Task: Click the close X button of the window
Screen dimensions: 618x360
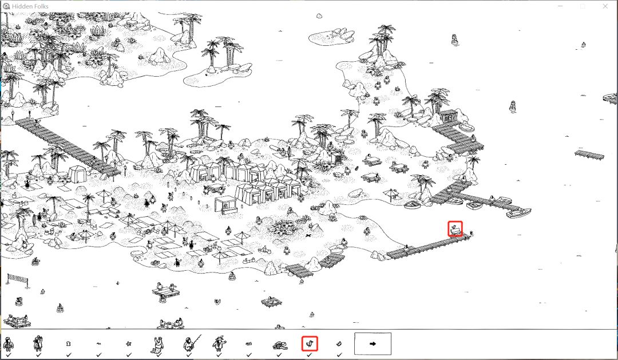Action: (x=605, y=6)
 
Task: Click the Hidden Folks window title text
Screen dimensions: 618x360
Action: (x=30, y=6)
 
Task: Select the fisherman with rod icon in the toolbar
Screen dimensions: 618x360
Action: (x=191, y=344)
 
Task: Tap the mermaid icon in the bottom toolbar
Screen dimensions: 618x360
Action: (x=159, y=344)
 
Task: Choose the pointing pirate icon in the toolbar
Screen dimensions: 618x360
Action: (x=219, y=344)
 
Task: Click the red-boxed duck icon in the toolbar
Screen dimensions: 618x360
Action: (x=310, y=344)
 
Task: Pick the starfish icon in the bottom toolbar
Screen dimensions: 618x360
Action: (x=129, y=344)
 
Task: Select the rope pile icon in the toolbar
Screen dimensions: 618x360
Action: (x=280, y=346)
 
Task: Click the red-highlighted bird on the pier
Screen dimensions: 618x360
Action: (x=455, y=229)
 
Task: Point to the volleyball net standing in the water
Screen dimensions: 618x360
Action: (x=18, y=280)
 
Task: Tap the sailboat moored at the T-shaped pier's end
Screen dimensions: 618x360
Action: (x=518, y=213)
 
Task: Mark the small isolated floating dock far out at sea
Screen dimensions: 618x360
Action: (x=589, y=154)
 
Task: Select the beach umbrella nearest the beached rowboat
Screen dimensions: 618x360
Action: (x=391, y=194)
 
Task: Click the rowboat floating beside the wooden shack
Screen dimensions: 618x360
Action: (x=468, y=128)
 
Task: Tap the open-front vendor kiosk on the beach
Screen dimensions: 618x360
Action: (x=225, y=205)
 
